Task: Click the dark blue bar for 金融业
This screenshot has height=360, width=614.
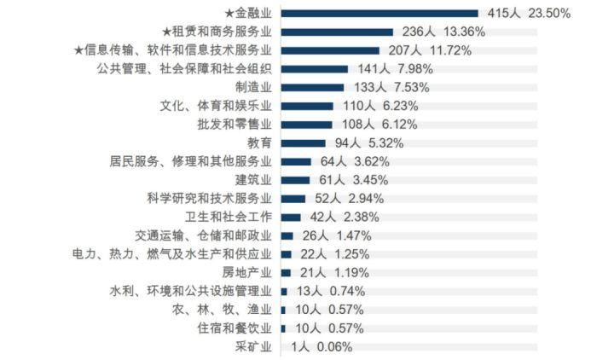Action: (x=379, y=13)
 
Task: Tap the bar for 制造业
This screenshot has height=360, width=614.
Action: (x=312, y=87)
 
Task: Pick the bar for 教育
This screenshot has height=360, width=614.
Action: (x=303, y=142)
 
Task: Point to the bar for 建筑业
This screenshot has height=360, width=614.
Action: (x=295, y=180)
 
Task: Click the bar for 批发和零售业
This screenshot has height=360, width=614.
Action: (x=306, y=125)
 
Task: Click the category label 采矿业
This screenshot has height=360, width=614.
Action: (x=253, y=347)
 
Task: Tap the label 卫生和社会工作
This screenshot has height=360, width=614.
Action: (x=228, y=217)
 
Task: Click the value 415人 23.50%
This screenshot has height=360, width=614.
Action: (x=529, y=13)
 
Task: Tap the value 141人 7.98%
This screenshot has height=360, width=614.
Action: (x=390, y=69)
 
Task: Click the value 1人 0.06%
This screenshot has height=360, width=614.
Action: (x=321, y=347)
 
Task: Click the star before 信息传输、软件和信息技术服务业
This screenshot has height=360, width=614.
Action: (x=78, y=50)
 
